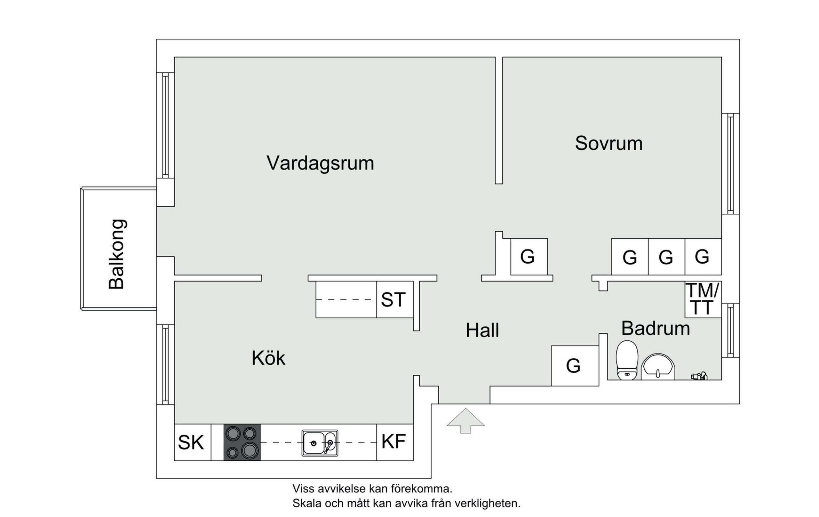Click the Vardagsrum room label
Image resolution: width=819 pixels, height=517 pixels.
pos(320,163)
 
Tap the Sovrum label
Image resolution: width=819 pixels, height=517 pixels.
pos(609,143)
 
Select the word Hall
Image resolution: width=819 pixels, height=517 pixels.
pos(482,330)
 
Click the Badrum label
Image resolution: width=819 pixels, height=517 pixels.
pos(656,328)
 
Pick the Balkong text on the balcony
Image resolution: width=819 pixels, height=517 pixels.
pos(117,254)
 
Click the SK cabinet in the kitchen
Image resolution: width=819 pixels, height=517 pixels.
pos(193,442)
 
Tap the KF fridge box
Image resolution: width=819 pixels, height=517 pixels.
pos(395,442)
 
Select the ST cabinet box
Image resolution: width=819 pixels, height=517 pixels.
pos(395,300)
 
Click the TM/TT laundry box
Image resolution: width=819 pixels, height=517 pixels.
pos(703,300)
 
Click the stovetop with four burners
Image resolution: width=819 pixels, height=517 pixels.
pos(242,442)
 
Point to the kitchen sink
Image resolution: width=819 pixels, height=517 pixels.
pos(320,443)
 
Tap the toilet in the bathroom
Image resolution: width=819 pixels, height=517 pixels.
pos(627,360)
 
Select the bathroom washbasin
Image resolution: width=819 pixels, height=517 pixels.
pos(658,367)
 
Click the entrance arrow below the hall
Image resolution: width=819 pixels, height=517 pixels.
pos(465,421)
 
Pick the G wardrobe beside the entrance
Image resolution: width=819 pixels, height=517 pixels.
pos(575,366)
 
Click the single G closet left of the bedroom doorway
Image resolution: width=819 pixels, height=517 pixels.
pos(529,257)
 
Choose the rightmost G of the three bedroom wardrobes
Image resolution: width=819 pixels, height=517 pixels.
pos(703,257)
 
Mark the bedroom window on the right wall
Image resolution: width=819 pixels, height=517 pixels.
pos(731,163)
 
